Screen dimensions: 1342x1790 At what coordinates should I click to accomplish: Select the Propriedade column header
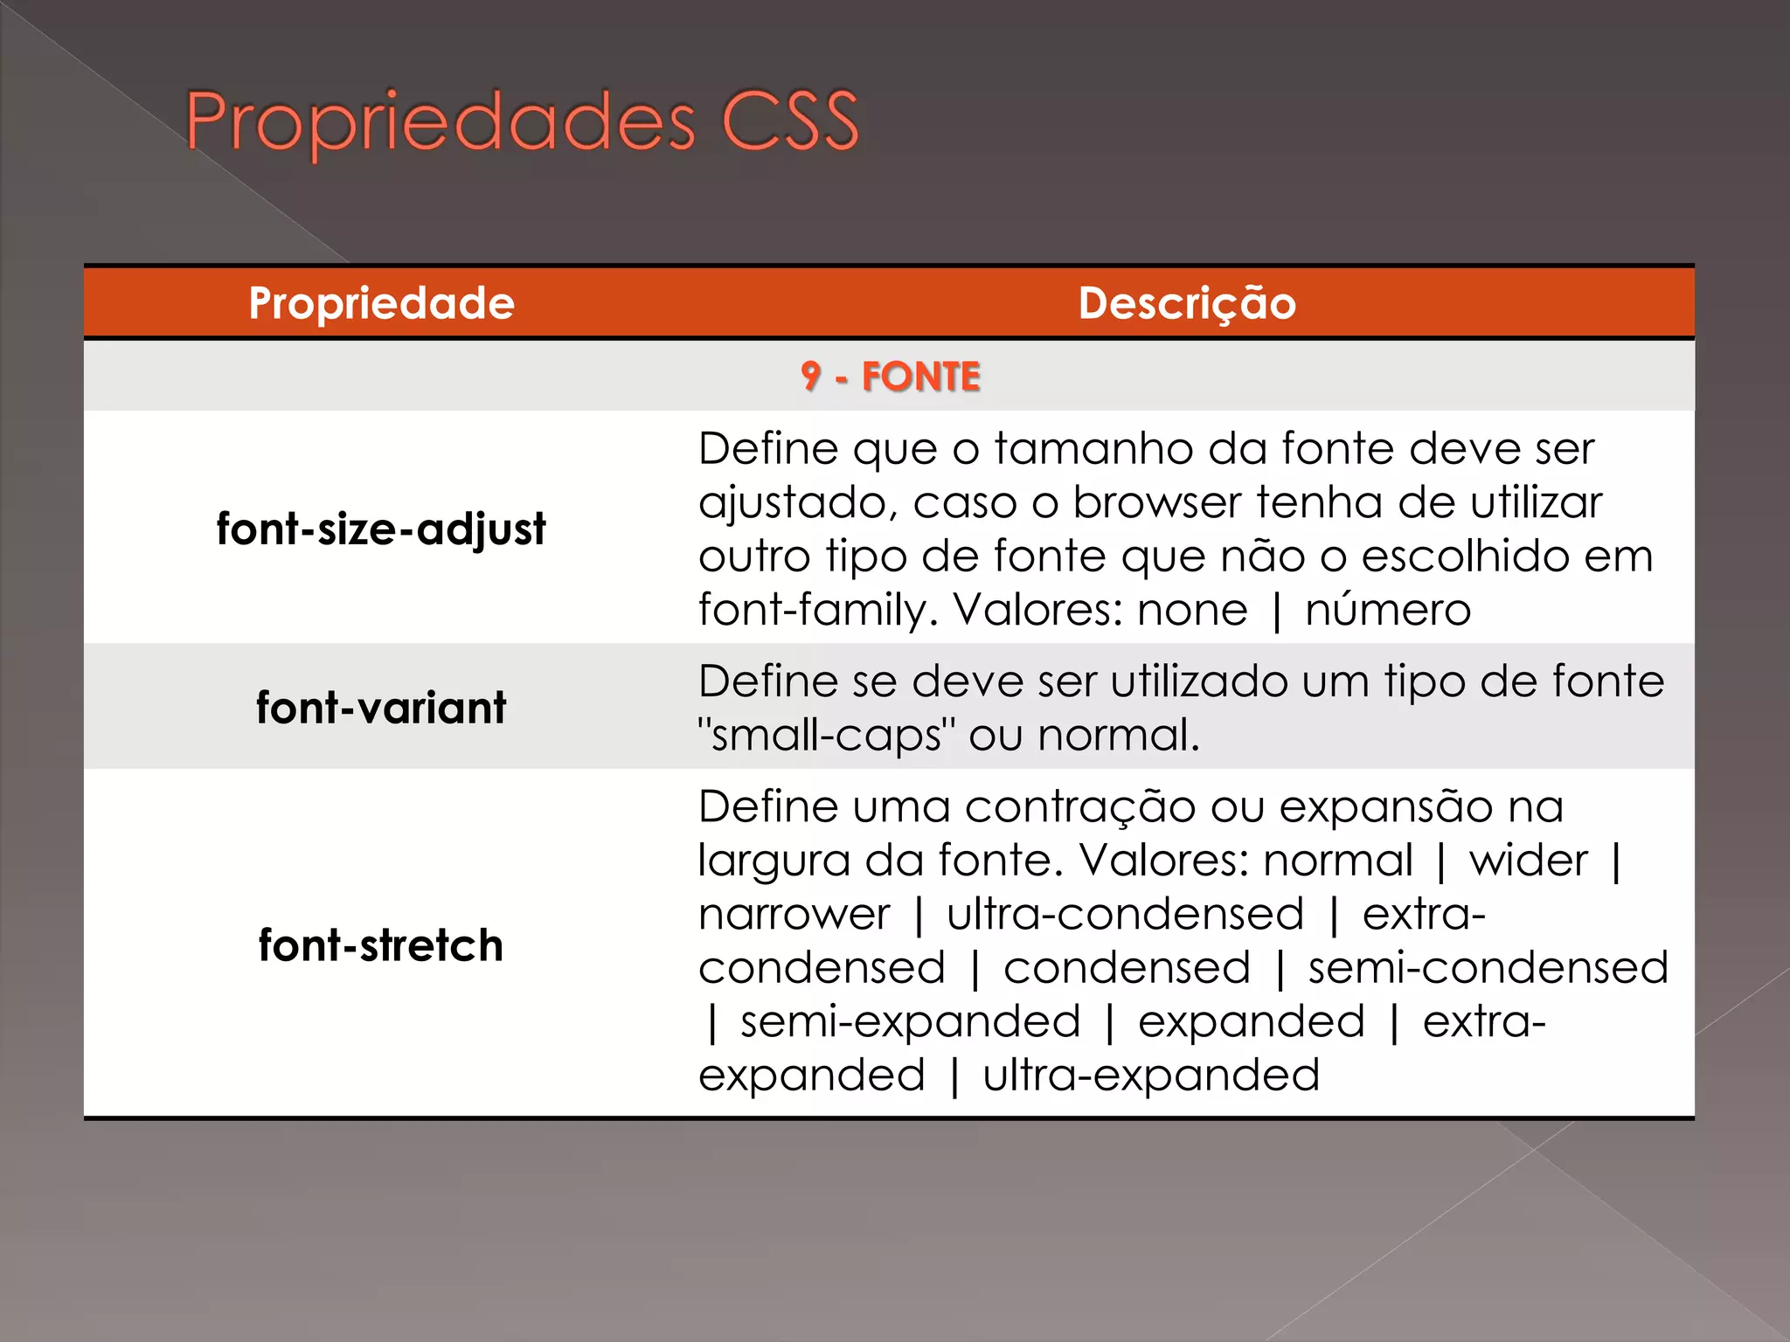click(381, 303)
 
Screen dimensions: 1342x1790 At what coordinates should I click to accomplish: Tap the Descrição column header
click(1186, 303)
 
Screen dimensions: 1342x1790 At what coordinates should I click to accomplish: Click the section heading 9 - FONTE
click(890, 377)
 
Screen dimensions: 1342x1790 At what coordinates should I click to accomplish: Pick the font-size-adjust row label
click(381, 529)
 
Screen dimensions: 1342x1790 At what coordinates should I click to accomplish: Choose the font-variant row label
click(381, 707)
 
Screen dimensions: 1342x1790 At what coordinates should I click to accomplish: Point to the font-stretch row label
click(381, 945)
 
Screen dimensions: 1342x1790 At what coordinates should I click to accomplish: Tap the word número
click(1387, 610)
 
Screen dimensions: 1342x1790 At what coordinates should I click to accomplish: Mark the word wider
click(1528, 861)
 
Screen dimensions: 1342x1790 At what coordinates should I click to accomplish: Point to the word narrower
click(794, 915)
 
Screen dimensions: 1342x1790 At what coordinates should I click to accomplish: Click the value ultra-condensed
click(1125, 915)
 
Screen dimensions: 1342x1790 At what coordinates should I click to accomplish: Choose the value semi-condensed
click(1488, 968)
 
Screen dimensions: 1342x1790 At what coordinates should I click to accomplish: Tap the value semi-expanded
click(910, 1022)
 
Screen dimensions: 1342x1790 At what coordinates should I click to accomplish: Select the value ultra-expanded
click(1150, 1076)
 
